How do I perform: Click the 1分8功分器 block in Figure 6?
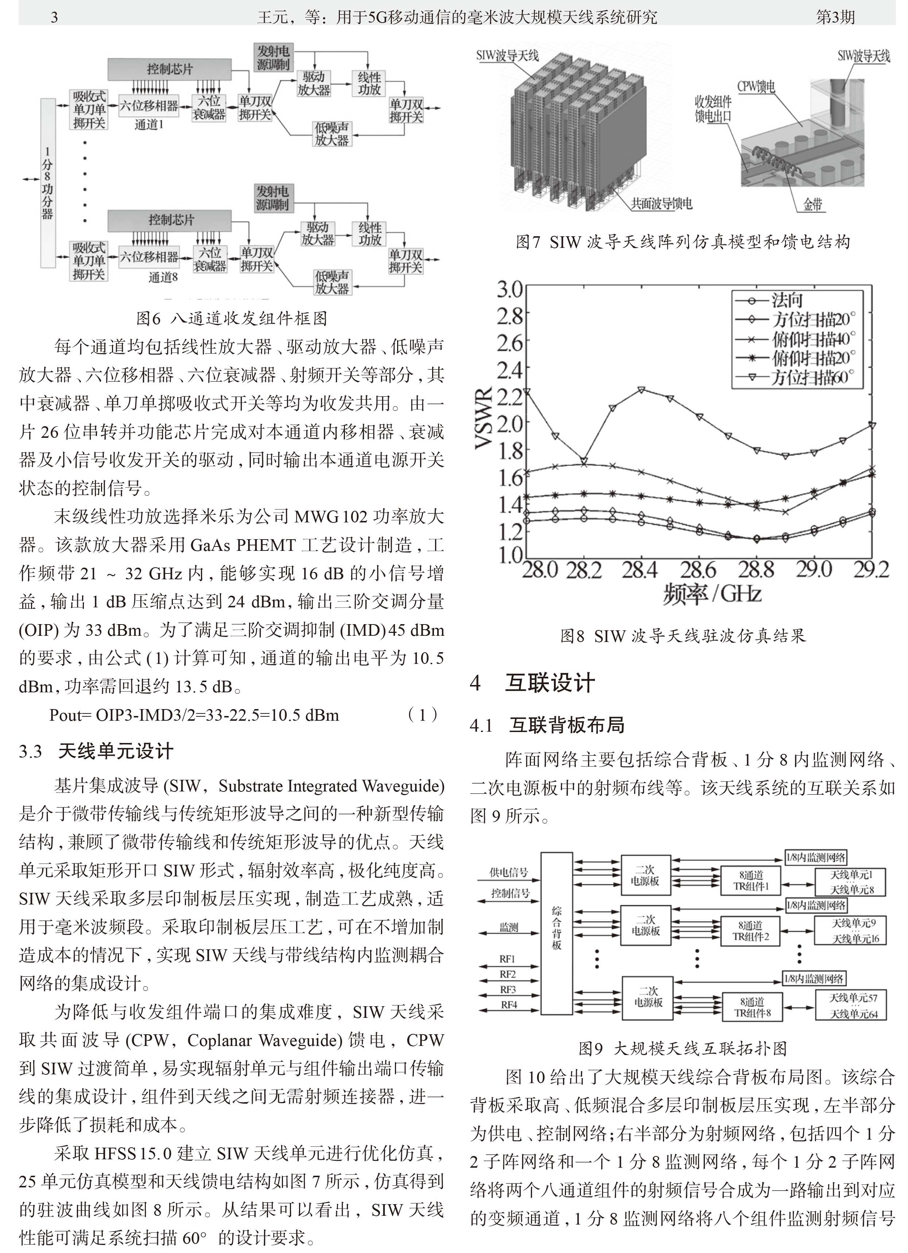coord(48,182)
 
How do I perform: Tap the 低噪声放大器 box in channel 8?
coord(332,282)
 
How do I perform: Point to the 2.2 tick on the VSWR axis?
coord(509,396)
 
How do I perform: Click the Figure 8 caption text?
coord(683,636)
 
